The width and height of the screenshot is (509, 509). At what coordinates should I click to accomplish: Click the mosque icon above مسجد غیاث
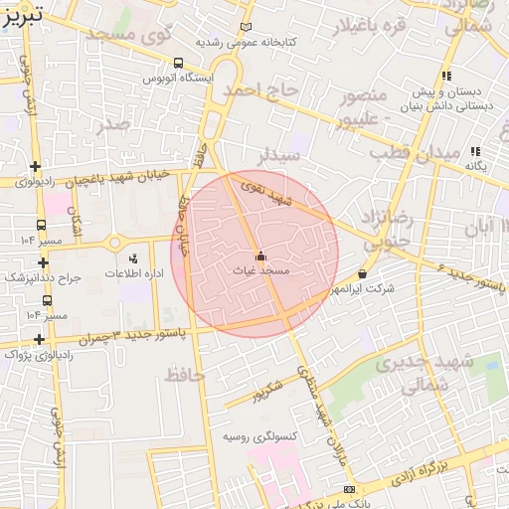pyautogui.click(x=260, y=255)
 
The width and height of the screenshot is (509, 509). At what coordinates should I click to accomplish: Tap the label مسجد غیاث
pyautogui.click(x=260, y=269)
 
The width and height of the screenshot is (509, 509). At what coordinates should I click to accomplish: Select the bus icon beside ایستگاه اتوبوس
pyautogui.click(x=178, y=61)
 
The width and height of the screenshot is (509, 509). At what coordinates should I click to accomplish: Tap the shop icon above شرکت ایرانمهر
pyautogui.click(x=360, y=273)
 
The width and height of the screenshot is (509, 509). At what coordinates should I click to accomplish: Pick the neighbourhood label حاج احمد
pyautogui.click(x=259, y=91)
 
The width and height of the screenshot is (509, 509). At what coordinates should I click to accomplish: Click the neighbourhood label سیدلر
pyautogui.click(x=279, y=156)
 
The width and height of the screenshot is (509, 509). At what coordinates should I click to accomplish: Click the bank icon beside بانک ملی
pyautogui.click(x=348, y=489)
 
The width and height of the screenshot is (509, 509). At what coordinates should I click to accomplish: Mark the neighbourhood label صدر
pyautogui.click(x=113, y=125)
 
